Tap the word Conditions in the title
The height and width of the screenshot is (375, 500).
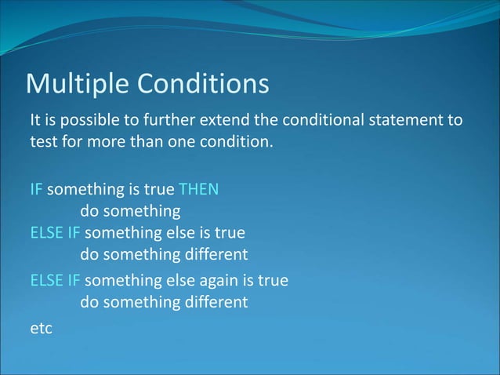203,84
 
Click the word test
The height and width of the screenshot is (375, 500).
42,144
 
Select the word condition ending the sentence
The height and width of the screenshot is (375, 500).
242,144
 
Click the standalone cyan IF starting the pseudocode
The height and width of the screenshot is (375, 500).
36,190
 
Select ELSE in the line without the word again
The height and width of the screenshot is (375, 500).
45,233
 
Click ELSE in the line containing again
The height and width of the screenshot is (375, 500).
45,280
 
